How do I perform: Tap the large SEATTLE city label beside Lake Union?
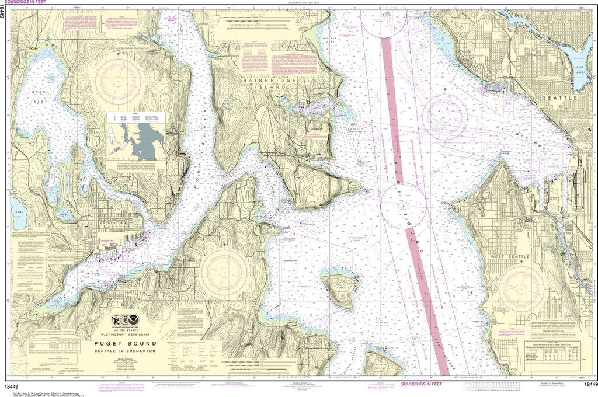[x=560, y=98]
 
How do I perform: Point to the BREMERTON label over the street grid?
[x=113, y=224]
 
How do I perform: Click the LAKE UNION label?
[x=580, y=71]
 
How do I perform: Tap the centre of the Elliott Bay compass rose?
[x=445, y=117]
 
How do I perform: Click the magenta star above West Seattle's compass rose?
[x=521, y=262]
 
